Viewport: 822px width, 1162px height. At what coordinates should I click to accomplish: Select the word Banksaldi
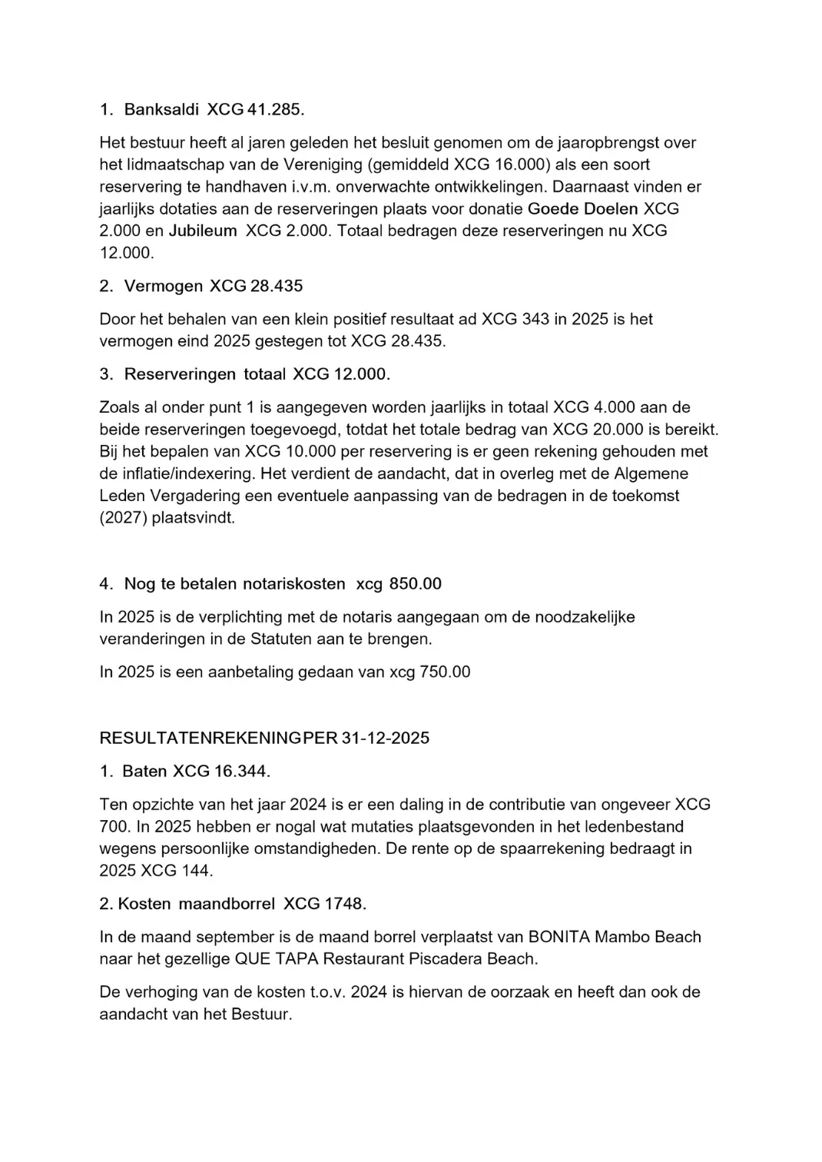coord(161,110)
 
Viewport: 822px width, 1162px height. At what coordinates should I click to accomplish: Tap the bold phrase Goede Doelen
coord(583,208)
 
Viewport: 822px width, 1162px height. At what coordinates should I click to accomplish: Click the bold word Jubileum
coord(203,231)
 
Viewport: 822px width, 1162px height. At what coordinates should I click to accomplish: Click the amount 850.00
coord(416,584)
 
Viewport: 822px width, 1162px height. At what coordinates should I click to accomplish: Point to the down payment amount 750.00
coord(445,672)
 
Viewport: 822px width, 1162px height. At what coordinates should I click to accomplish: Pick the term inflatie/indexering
coord(181,474)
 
